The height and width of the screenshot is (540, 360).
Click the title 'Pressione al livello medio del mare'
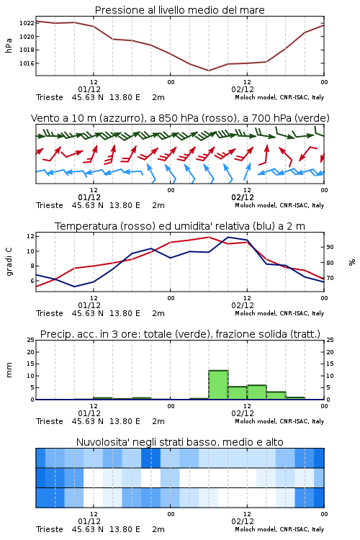click(179, 10)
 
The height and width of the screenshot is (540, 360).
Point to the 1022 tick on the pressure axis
click(27, 24)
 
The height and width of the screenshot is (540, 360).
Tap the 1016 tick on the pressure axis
click(27, 63)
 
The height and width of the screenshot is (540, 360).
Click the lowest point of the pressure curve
click(208, 71)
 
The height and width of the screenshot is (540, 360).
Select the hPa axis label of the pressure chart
click(9, 45)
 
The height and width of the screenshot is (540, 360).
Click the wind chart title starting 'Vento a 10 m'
click(180, 118)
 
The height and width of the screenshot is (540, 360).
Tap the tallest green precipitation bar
click(218, 384)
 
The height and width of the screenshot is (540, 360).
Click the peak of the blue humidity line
click(228, 237)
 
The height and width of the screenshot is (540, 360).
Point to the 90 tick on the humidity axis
click(330, 247)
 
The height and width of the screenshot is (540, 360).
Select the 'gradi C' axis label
click(9, 262)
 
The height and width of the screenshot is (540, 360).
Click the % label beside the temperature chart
click(352, 262)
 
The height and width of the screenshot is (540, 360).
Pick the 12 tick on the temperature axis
click(30, 236)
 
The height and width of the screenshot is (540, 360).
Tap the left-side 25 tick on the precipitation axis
click(31, 341)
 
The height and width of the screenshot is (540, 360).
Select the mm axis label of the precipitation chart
click(9, 370)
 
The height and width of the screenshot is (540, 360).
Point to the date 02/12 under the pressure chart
click(243, 89)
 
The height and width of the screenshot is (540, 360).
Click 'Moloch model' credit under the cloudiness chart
click(256, 529)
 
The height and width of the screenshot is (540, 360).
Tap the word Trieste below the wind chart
click(50, 206)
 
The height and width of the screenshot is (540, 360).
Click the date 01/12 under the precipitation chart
click(89, 413)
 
